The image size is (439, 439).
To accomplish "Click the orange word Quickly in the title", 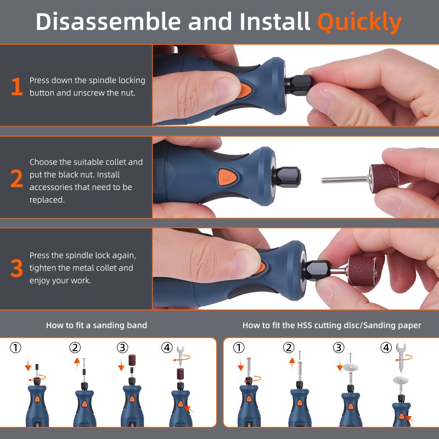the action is click(x=359, y=22).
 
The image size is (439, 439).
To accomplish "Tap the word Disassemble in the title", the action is click(x=108, y=21).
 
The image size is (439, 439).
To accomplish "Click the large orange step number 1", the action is click(x=17, y=87).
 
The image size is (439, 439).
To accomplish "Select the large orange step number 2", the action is click(x=17, y=178).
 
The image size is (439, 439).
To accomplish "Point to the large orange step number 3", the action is click(x=17, y=268).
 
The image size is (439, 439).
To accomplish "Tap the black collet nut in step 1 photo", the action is click(x=299, y=84).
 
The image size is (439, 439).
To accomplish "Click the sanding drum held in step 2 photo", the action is click(x=384, y=179).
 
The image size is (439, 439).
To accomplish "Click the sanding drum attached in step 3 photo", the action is click(x=362, y=271).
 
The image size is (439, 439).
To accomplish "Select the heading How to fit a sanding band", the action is click(x=97, y=325).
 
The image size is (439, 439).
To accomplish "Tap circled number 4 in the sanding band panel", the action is click(x=167, y=348).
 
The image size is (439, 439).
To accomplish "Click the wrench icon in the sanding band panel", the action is click(x=181, y=356).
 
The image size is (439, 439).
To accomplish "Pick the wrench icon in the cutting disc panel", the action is click(x=401, y=358).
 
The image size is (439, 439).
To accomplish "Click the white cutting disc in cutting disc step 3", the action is click(x=351, y=367).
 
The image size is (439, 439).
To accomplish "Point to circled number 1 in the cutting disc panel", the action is click(x=239, y=348).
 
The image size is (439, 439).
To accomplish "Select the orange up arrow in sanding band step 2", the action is click(x=77, y=364).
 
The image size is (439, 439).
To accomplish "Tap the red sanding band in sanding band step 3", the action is click(x=132, y=360).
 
